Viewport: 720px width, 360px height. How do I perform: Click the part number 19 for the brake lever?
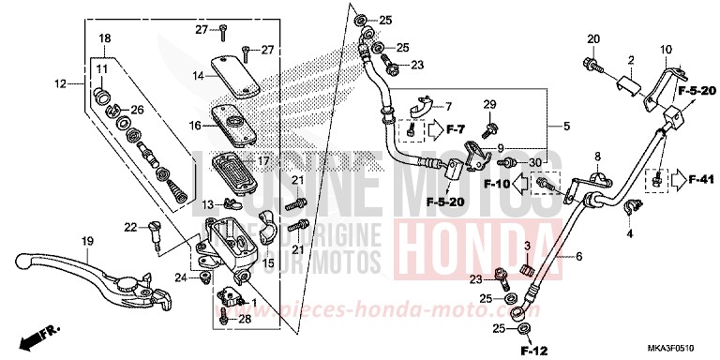click(87, 242)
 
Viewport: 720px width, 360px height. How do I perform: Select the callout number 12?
click(60, 84)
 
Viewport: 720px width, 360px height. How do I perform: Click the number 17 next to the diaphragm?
click(263, 160)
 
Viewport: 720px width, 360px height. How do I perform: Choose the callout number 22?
click(130, 225)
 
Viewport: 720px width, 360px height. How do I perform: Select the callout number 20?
click(593, 38)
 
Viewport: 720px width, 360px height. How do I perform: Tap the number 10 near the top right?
click(666, 50)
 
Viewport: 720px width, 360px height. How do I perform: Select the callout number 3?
click(527, 246)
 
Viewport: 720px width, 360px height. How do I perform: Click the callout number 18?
click(104, 37)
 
